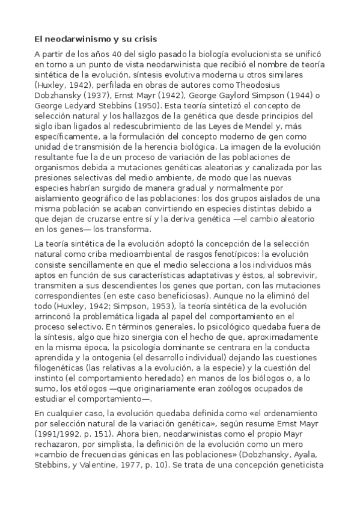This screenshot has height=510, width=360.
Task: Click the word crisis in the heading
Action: (x=144, y=39)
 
